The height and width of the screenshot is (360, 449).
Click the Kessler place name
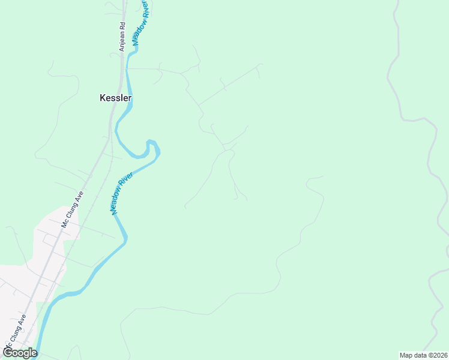(115, 98)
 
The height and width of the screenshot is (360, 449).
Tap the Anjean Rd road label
(122, 37)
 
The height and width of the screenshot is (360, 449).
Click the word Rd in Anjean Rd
(122, 26)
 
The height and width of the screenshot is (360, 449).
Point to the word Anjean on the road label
(122, 41)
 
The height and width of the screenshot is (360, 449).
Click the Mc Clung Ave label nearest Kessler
(71, 210)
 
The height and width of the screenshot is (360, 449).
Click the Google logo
(20, 353)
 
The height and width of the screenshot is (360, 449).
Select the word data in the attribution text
(420, 355)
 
